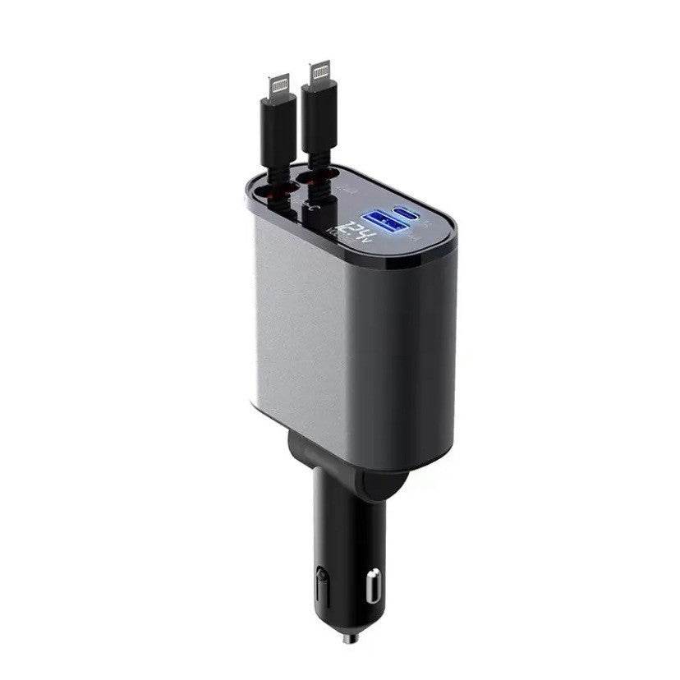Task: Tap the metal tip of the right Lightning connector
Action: pos(320,73)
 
